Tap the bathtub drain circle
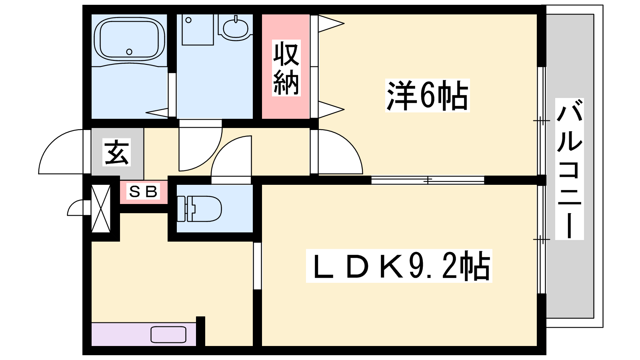[x=129, y=52]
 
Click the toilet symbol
[x=199, y=208]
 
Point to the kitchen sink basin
[x=168, y=334]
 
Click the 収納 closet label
[x=286, y=68]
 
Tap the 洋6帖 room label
[x=427, y=95]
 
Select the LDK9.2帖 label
[x=399, y=266]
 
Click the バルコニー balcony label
[x=569, y=169]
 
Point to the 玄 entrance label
[x=116, y=152]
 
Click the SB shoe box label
[x=143, y=192]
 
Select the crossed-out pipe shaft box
[x=101, y=208]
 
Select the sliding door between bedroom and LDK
[x=428, y=180]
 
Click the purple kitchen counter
[x=144, y=334]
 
